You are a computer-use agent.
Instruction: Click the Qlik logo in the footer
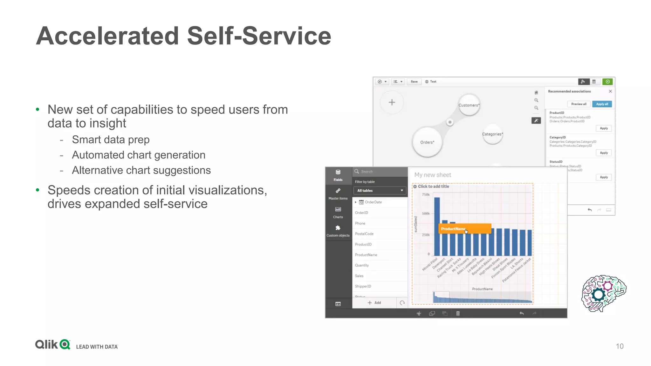click(x=53, y=344)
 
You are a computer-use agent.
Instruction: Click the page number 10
click(x=620, y=346)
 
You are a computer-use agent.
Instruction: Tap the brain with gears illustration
click(x=603, y=293)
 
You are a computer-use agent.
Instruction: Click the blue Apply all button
click(x=602, y=104)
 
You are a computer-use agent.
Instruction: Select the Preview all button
click(x=579, y=104)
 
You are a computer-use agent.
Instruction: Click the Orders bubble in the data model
click(x=427, y=142)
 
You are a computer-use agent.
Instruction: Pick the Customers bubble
click(x=469, y=105)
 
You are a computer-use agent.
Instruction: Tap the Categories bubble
click(x=492, y=134)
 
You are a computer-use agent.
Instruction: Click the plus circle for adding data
click(x=392, y=102)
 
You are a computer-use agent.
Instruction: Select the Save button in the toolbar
click(x=414, y=82)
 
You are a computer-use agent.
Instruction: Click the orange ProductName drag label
click(x=464, y=229)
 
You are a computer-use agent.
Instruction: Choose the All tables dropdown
click(x=380, y=191)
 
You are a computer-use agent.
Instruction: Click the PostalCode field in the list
click(x=364, y=234)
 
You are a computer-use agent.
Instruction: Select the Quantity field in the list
click(x=362, y=265)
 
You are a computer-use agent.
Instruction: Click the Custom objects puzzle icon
click(x=338, y=228)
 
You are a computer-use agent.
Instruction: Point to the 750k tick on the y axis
click(x=426, y=195)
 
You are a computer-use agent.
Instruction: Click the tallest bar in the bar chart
click(x=437, y=226)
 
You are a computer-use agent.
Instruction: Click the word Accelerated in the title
click(x=107, y=36)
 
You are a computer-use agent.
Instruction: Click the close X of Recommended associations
click(x=610, y=91)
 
